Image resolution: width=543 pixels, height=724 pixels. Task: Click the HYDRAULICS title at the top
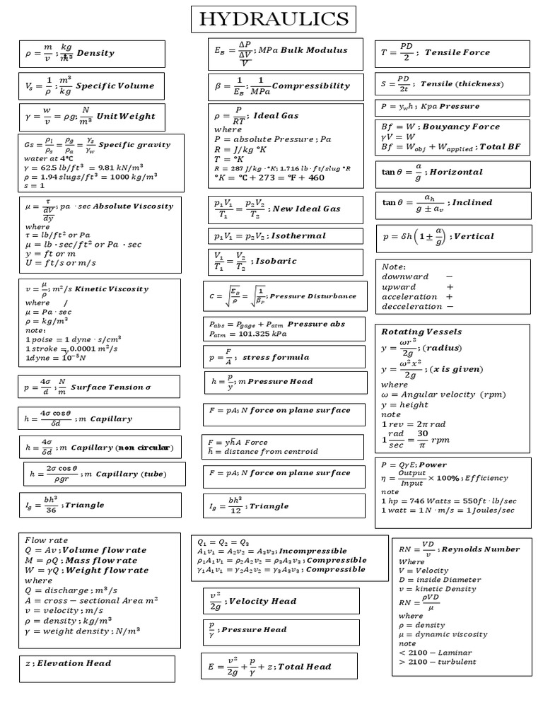click(274, 19)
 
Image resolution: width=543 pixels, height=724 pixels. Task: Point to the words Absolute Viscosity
click(133, 206)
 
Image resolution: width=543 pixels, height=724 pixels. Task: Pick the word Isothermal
click(298, 235)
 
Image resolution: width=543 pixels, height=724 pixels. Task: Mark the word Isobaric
click(276, 261)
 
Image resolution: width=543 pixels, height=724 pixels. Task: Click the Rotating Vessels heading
click(421, 331)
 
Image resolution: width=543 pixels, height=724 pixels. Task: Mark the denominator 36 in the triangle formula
click(51, 510)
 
